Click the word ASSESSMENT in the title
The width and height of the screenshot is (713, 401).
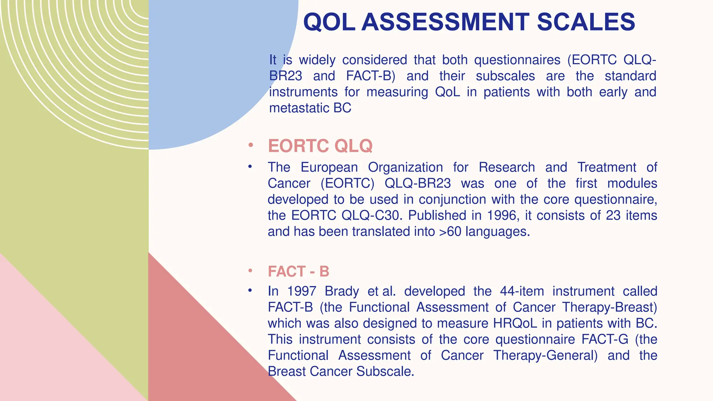pyautogui.click(x=445, y=22)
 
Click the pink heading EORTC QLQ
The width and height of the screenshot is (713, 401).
pyautogui.click(x=320, y=146)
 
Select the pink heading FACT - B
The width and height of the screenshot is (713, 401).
pyautogui.click(x=298, y=272)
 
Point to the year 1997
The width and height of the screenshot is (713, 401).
pyautogui.click(x=302, y=291)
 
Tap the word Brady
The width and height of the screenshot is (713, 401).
pyautogui.click(x=342, y=291)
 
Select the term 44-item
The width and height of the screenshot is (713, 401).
pyautogui.click(x=522, y=291)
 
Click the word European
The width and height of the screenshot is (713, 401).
pyautogui.click(x=329, y=167)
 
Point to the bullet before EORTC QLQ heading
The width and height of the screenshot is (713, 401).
pyautogui.click(x=250, y=145)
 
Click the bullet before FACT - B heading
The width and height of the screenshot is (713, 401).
pyautogui.click(x=250, y=271)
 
